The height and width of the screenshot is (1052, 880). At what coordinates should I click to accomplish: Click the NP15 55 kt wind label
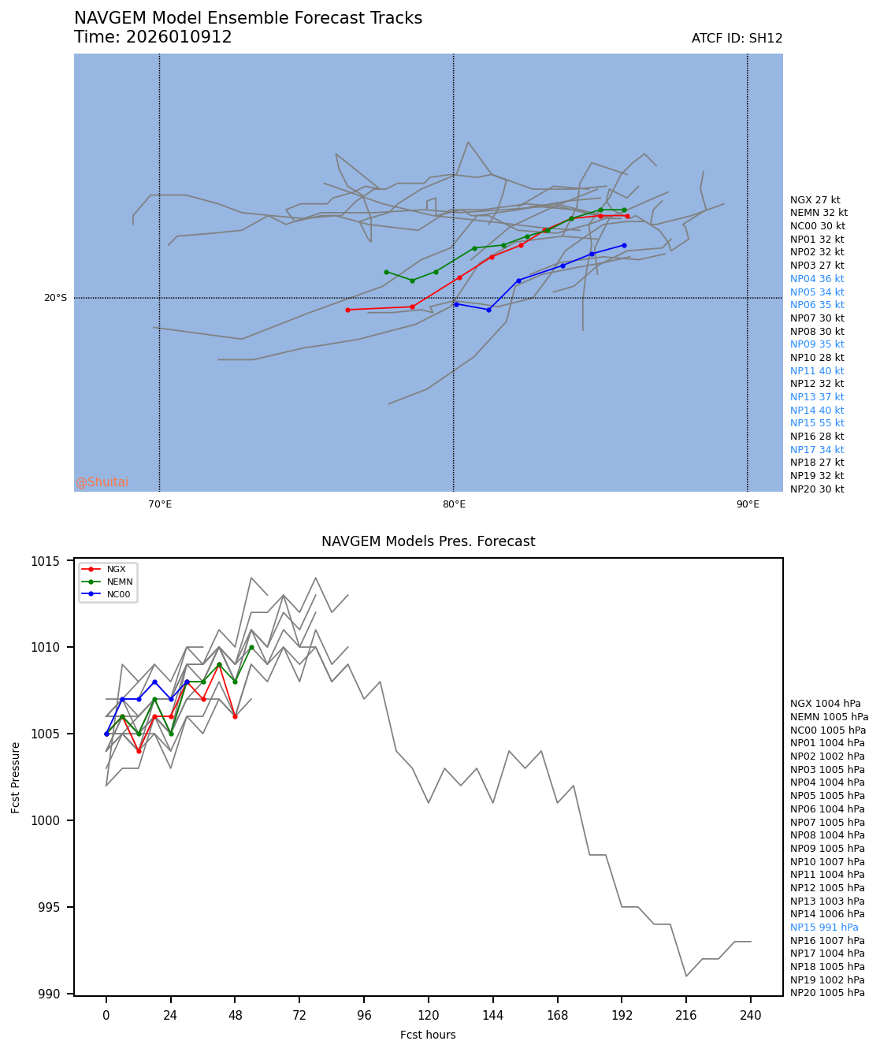pyautogui.click(x=817, y=423)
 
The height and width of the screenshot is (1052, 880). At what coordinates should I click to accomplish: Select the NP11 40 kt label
pyautogui.click(x=817, y=371)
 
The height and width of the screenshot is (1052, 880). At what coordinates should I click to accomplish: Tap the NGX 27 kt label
pyautogui.click(x=815, y=200)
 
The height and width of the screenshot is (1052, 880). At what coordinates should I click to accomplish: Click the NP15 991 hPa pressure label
pyautogui.click(x=824, y=927)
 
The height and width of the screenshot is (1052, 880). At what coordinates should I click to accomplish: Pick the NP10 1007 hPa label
pyautogui.click(x=827, y=862)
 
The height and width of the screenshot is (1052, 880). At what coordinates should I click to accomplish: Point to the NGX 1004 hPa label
pyautogui.click(x=825, y=704)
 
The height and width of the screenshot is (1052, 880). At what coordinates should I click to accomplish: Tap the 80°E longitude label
pyautogui.click(x=453, y=504)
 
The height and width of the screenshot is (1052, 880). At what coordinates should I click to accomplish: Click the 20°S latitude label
pyautogui.click(x=55, y=298)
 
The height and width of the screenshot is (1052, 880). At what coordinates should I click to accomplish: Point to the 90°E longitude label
pyautogui.click(x=747, y=504)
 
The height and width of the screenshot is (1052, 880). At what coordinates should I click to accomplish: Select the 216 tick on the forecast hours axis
pyautogui.click(x=686, y=1016)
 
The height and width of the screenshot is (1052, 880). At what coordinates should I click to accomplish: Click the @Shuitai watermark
pyautogui.click(x=102, y=482)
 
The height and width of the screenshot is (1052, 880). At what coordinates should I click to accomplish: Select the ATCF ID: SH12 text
pyautogui.click(x=737, y=39)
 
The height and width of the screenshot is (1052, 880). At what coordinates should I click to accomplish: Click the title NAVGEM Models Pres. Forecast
pyautogui.click(x=428, y=541)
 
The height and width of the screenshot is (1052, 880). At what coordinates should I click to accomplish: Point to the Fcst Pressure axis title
pyautogui.click(x=16, y=777)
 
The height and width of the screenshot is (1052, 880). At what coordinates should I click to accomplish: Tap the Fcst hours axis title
pyautogui.click(x=428, y=1035)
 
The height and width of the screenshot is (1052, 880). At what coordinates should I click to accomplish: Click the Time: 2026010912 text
pyautogui.click(x=153, y=37)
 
